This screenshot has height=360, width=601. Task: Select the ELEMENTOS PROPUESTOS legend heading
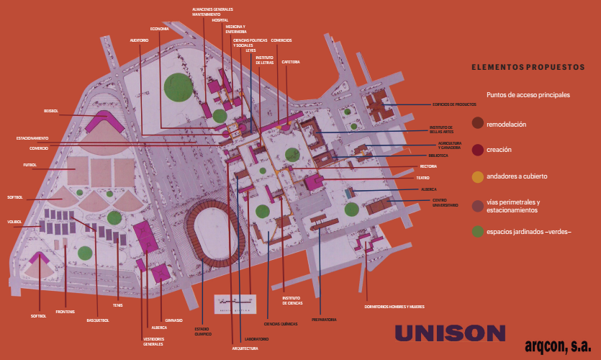[x=528, y=67]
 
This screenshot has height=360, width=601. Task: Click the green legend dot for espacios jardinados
[x=477, y=232]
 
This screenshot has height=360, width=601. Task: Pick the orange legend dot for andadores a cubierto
[x=477, y=176]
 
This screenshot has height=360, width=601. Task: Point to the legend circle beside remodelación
[x=477, y=124]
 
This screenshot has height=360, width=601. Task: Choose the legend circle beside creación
[x=477, y=150]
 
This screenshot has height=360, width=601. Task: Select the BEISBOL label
[x=50, y=111]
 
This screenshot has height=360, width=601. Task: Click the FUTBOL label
[x=30, y=165]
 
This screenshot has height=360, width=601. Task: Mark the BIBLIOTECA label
[x=438, y=156]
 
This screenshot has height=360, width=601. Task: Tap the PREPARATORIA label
[x=324, y=319]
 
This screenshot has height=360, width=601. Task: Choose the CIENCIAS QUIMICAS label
[x=281, y=324]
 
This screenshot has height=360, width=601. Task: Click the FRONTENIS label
[x=65, y=311]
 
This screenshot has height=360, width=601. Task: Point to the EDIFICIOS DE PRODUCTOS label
[x=454, y=105]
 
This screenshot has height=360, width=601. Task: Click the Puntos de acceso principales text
[x=528, y=94]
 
